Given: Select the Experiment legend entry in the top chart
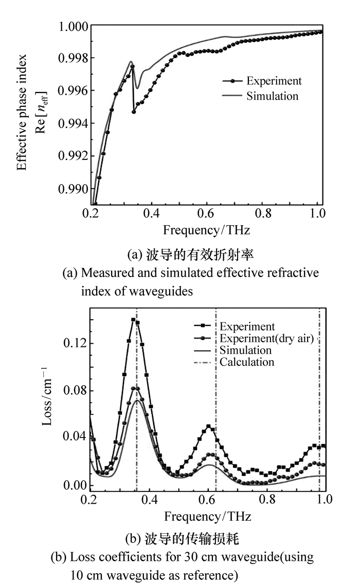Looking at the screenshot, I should pos(274,81).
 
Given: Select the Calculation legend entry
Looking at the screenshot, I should pos(247,362).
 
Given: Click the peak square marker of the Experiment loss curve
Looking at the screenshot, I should pos(133,320).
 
